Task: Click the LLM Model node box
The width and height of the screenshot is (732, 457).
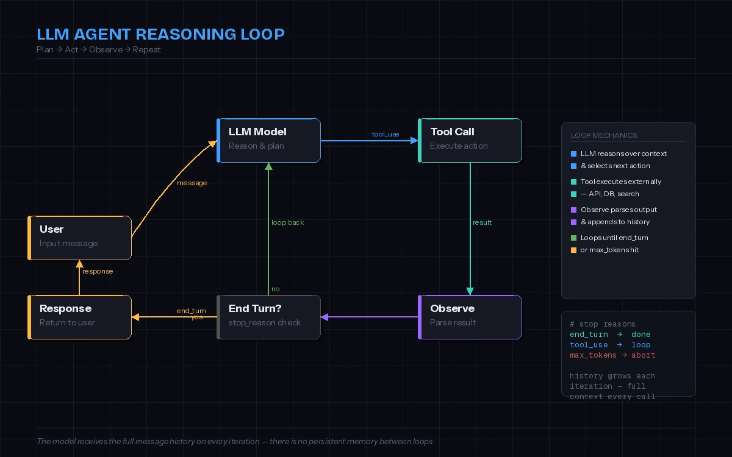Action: (x=269, y=140)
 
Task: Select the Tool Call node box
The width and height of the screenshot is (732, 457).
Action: (x=470, y=140)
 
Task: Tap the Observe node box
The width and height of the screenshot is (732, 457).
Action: (x=470, y=317)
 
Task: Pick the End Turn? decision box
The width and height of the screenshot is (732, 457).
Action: (x=269, y=317)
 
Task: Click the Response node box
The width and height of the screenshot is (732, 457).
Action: (x=80, y=317)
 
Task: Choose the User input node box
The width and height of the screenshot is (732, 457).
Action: (x=80, y=238)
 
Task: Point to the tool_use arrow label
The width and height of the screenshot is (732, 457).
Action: (x=386, y=134)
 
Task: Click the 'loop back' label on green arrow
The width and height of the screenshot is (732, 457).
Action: (x=287, y=222)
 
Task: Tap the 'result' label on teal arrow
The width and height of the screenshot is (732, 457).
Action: (x=482, y=222)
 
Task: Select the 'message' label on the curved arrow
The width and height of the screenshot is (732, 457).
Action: (x=192, y=183)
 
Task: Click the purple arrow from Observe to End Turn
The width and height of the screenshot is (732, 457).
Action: (x=370, y=317)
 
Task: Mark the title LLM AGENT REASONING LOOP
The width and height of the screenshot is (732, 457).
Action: (x=160, y=34)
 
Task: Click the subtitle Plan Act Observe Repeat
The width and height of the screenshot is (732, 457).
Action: (x=99, y=49)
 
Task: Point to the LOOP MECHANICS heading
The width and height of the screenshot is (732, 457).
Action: (x=604, y=135)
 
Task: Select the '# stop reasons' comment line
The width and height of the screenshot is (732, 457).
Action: (x=602, y=324)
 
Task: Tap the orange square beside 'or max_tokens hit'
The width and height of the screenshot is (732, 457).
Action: (x=573, y=250)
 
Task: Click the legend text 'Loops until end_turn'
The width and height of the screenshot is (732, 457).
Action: (x=614, y=238)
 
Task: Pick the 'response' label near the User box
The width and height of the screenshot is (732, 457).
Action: (x=98, y=271)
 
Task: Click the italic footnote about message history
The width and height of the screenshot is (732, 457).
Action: (x=235, y=441)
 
